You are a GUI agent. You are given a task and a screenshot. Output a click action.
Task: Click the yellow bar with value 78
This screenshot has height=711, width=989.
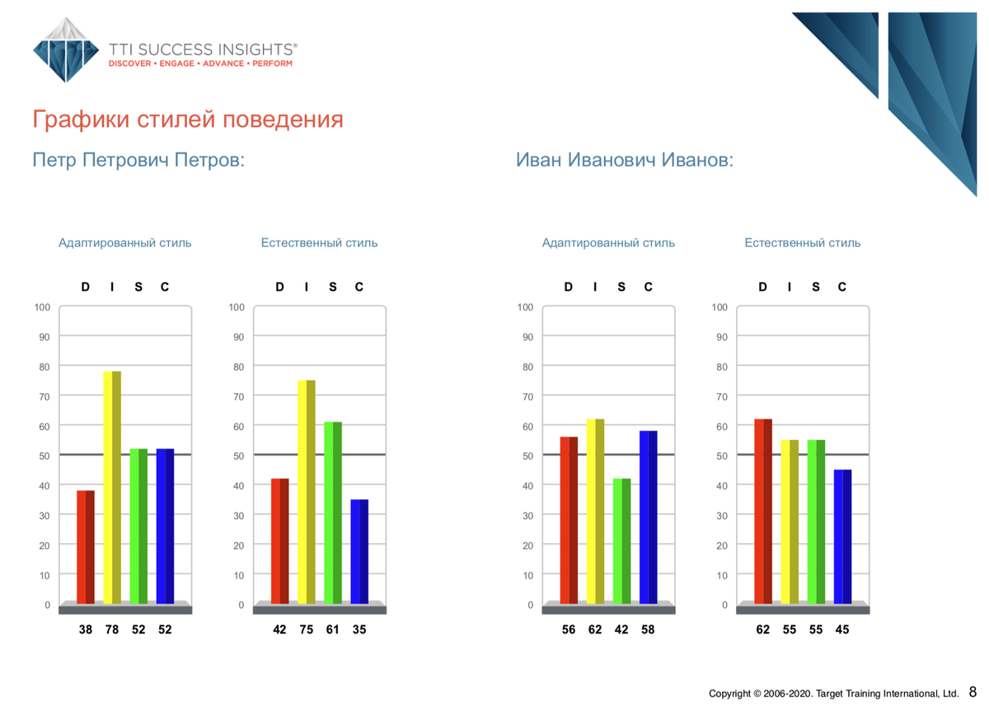point(112,487)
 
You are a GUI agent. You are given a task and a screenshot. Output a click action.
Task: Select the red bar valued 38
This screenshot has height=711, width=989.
point(86,547)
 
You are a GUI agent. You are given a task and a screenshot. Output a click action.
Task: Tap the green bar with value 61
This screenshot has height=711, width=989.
point(333,512)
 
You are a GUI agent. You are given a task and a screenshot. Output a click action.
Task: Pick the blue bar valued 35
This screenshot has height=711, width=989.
point(359,552)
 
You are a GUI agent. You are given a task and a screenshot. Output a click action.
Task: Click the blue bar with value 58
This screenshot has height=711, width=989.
point(648,517)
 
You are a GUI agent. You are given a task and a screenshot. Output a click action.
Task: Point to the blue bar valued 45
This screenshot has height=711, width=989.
point(842,536)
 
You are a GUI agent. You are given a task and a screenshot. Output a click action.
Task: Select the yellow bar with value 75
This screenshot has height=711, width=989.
point(307,492)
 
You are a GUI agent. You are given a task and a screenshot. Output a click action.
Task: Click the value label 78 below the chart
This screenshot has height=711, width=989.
point(112,629)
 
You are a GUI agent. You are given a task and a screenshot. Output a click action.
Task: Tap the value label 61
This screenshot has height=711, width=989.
point(332,629)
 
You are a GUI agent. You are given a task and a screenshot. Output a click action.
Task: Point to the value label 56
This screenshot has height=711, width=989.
point(569,629)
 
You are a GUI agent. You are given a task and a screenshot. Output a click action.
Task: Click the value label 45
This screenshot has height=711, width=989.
point(842,629)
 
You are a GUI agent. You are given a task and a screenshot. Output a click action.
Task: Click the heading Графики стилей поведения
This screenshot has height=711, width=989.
point(188,119)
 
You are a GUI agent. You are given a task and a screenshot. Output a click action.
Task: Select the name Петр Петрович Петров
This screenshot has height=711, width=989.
point(138,160)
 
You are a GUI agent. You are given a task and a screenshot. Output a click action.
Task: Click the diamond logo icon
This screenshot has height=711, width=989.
point(66,50)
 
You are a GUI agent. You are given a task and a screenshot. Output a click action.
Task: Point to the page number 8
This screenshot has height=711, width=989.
point(973,691)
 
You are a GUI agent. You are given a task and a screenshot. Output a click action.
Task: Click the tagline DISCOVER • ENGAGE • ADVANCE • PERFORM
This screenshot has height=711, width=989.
point(200,63)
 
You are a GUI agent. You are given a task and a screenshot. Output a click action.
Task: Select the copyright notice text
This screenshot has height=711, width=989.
point(833,694)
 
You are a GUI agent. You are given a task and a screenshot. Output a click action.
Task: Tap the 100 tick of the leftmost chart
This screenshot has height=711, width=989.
point(42,307)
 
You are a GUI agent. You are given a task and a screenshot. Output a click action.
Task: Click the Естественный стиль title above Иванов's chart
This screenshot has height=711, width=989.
point(803,243)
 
